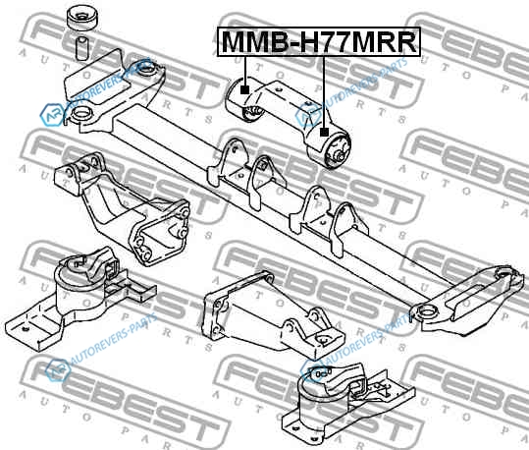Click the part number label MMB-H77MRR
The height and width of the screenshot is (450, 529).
[x=319, y=41]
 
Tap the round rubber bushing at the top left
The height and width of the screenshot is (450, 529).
[x=83, y=19]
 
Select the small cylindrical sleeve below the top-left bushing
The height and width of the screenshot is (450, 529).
[x=81, y=49]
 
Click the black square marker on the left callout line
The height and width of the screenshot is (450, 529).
[x=245, y=89]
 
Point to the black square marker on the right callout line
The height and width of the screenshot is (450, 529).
[x=324, y=132]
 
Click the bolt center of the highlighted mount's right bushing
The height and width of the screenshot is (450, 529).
[x=340, y=156]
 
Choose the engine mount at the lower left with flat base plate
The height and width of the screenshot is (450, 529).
[x=79, y=298]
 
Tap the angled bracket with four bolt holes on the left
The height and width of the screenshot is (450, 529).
[x=122, y=207]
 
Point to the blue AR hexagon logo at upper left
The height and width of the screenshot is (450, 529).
[x=52, y=115]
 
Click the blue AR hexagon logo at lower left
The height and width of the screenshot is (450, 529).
[x=57, y=370]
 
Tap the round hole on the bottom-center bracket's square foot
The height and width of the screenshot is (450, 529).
[x=323, y=341]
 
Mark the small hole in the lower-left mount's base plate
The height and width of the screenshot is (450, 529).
[x=24, y=328]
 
